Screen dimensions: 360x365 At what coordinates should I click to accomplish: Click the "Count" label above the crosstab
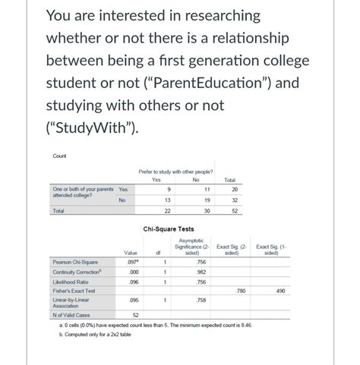[59, 156]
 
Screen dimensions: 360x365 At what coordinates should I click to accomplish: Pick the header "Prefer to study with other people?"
[175, 172]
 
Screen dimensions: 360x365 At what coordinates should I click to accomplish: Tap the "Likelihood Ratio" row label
[69, 281]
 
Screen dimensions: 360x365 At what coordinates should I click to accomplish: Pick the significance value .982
[201, 272]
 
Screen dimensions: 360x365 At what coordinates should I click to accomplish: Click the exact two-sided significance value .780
[241, 290]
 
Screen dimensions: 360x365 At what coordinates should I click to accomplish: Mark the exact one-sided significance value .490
[279, 290]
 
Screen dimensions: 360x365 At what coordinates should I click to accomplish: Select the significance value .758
[201, 300]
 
